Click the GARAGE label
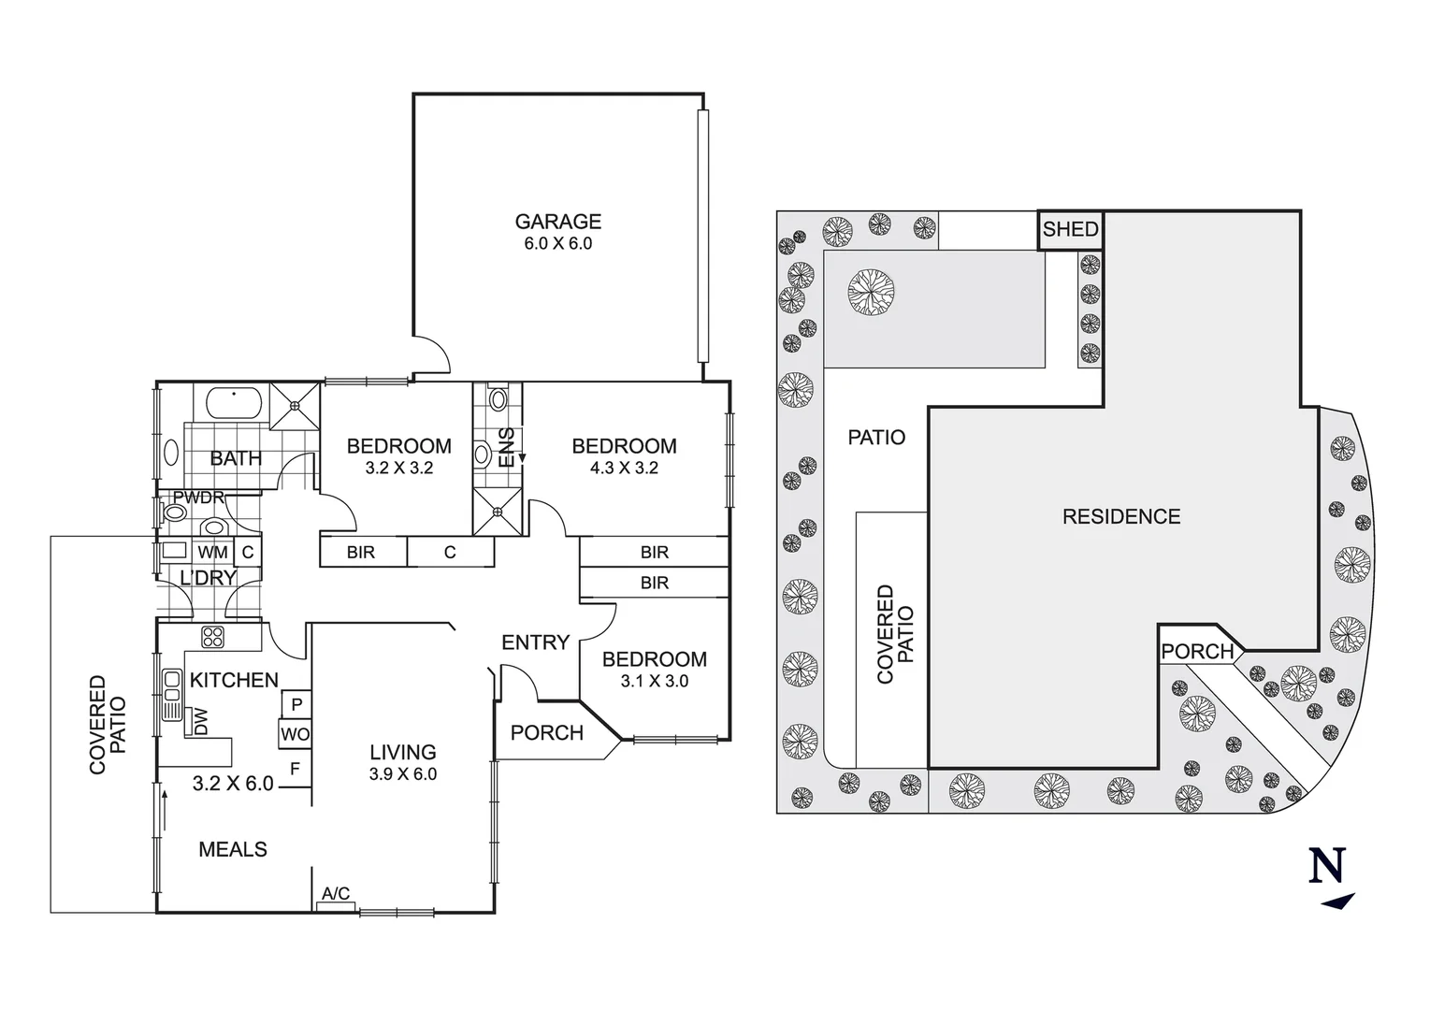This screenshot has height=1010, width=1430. tap(557, 222)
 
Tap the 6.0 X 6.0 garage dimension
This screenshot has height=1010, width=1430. tap(557, 244)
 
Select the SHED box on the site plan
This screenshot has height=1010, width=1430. tap(1070, 230)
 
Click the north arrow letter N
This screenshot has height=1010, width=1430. tap(1326, 865)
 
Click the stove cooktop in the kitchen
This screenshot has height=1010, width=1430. tap(213, 637)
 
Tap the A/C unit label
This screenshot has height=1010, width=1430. tap(336, 895)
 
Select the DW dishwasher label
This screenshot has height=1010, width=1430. tap(199, 721)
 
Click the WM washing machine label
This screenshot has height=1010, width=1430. tap(212, 553)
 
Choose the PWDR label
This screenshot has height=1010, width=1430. tap(198, 498)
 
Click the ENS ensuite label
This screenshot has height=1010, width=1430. tap(507, 447)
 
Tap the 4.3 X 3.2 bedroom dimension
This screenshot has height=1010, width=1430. tap(624, 469)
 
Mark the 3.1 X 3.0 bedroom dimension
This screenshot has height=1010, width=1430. tap(654, 682)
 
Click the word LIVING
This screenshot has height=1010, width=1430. tap(402, 752)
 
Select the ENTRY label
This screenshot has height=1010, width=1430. tap(535, 642)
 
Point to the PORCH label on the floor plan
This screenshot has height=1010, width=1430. tap(546, 733)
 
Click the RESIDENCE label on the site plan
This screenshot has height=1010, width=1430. tap(1120, 516)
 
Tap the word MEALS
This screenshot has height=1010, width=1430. tap(233, 849)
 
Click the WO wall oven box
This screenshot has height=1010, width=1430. tap(295, 735)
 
